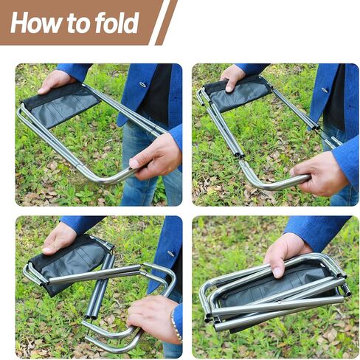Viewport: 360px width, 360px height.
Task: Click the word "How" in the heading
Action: pos(36,22)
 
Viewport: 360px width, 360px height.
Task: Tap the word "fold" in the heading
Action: pos(117,22)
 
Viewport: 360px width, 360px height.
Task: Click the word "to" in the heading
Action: pos(78,24)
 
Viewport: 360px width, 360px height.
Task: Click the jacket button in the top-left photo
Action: pos(143,85)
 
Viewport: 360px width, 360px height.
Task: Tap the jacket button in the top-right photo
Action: pos(325,90)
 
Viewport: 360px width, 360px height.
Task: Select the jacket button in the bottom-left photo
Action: pos(170,254)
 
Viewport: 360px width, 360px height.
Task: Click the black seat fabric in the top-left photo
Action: pos(61,105)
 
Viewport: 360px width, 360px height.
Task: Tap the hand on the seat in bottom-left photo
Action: pos(59,238)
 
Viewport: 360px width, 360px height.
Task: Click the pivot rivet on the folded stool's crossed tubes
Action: pos(280,302)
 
